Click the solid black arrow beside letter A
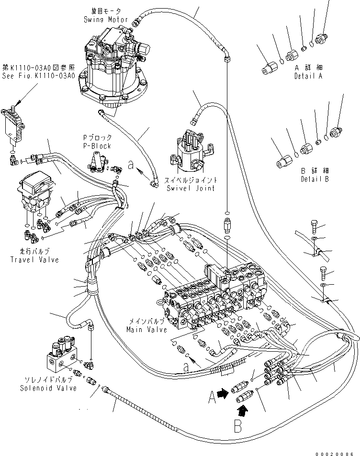222,393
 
